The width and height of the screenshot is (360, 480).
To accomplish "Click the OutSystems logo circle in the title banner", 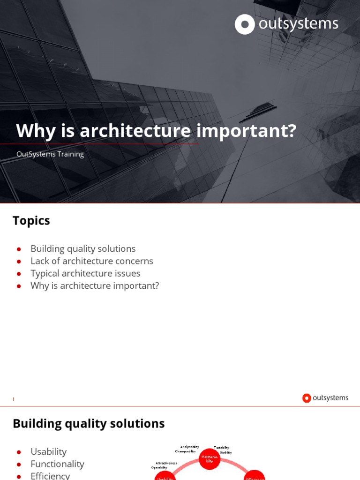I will coord(245,24).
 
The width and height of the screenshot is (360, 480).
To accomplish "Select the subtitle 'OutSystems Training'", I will coord(50,154).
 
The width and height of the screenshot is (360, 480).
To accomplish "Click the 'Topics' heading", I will coord(31,220).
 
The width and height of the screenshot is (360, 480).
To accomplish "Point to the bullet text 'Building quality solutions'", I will coord(83,248).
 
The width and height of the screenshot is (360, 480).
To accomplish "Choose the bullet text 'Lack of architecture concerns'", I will coord(92,261).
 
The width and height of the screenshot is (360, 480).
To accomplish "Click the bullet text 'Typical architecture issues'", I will coord(85,273).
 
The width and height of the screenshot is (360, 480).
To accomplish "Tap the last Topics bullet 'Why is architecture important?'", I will coord(95,285).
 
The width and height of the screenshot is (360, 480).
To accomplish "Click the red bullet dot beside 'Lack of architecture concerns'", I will coord(19,262).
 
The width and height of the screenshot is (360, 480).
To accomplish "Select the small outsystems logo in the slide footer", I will coord(325,398).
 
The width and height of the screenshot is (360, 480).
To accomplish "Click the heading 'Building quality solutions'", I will coord(89,423).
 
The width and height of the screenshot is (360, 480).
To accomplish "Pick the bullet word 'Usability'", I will coord(48,451).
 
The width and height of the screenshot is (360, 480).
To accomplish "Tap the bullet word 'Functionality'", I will coord(57,464).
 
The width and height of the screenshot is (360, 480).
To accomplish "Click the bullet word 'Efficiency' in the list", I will coord(50,476).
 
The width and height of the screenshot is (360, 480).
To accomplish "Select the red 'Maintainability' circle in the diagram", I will coord(210,459).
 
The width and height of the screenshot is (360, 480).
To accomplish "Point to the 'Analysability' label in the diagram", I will coord(189,447).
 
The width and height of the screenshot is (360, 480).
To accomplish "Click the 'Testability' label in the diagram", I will coord(222,448).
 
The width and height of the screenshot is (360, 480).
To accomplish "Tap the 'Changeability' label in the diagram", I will coord(185,451).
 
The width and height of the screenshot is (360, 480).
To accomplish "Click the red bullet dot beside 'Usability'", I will coord(19,452).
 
